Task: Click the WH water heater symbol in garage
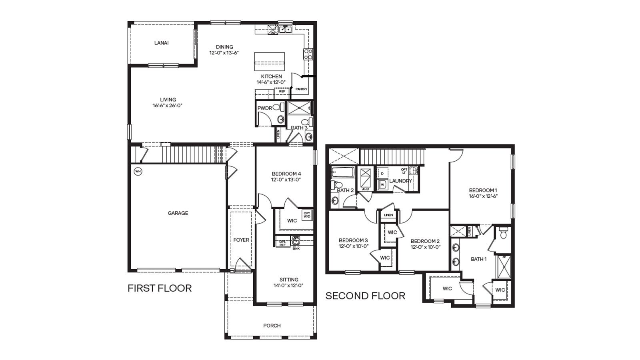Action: tap(138, 171)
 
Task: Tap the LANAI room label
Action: tap(161, 43)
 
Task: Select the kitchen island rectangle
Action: tap(270, 61)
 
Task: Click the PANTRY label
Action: tap(301, 89)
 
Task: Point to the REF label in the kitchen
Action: tap(282, 92)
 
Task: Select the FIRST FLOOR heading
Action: tap(160, 288)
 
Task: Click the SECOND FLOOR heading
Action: tap(365, 296)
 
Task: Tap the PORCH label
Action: tap(272, 326)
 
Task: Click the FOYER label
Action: tap(241, 240)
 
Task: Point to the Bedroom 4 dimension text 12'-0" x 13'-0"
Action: tap(286, 180)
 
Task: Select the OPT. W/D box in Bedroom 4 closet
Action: tap(307, 215)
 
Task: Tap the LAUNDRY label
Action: tap(400, 181)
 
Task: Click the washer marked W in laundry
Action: tap(382, 185)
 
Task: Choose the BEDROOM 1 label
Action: tap(483, 190)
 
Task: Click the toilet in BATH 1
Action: tap(503, 233)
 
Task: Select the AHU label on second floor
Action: tap(365, 189)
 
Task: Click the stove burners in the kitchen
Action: tap(308, 54)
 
